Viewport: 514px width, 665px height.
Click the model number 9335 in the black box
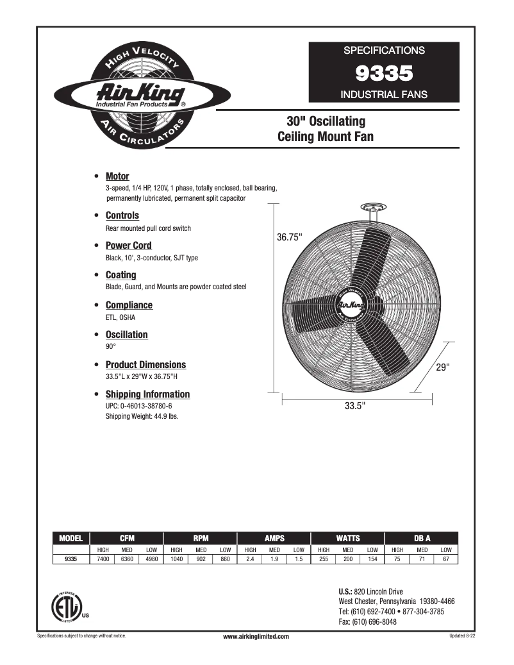[x=384, y=74]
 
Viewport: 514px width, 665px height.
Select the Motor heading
[x=117, y=176]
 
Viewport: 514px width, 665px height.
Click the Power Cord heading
[x=128, y=246]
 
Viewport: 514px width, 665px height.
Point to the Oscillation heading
[x=126, y=335]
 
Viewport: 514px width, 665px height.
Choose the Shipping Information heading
[x=147, y=394]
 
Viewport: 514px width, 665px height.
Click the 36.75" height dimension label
[x=290, y=237]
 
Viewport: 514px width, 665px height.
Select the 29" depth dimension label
[x=443, y=367]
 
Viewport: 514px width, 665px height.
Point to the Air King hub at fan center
[x=350, y=306]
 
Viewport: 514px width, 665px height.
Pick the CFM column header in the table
[x=127, y=539]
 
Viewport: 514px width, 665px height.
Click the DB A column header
[x=422, y=539]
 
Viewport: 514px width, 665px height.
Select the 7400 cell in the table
[x=103, y=559]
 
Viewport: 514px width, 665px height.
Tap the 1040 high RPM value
[x=176, y=559]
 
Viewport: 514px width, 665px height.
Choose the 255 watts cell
[x=324, y=559]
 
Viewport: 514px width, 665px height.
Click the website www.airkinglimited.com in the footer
[x=256, y=636]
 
